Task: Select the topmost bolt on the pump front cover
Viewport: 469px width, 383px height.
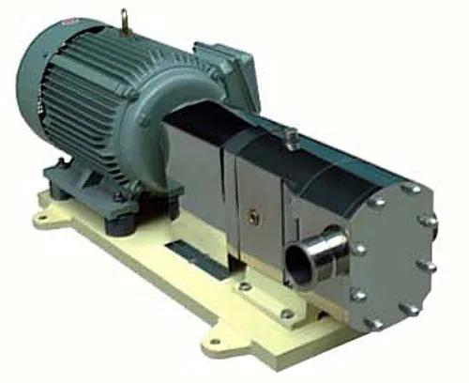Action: click(410, 189)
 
